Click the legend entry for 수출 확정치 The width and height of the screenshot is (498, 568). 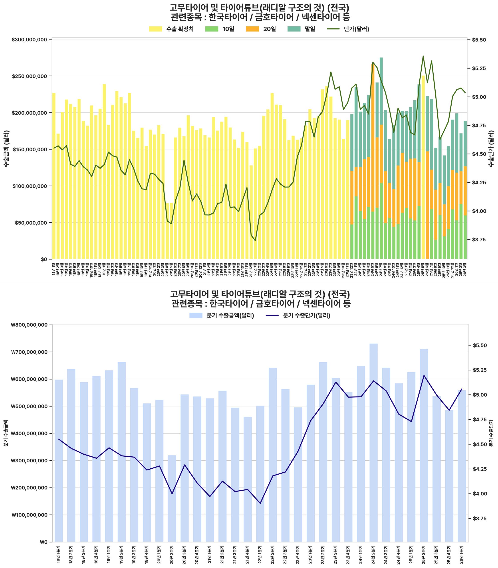pos(171,29)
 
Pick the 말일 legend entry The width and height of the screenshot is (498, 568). pos(301,29)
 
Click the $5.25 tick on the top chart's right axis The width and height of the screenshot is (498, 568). pos(479,68)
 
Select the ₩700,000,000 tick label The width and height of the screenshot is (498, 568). pos(29,352)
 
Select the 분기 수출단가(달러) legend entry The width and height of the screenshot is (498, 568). pos(298,316)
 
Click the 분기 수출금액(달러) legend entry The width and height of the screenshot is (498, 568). pos(222,316)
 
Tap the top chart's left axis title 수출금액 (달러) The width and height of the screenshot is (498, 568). pos(6,148)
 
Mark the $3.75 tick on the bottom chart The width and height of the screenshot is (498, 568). pos(479,518)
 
